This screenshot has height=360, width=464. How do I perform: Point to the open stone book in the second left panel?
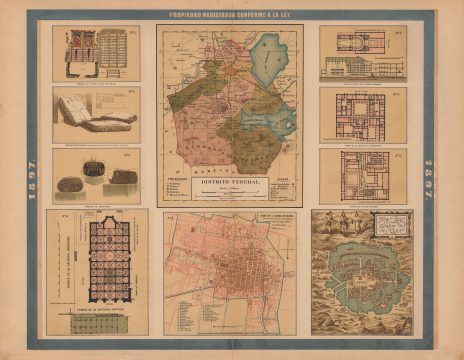click(x=100, y=121)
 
